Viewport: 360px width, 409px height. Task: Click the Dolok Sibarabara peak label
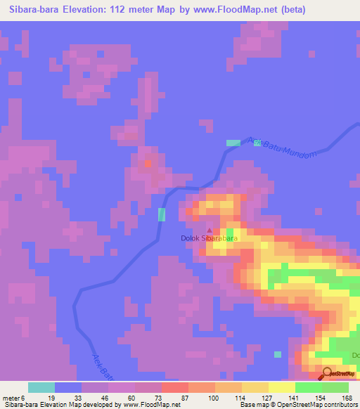(209, 238)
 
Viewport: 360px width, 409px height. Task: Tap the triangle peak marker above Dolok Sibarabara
(209, 229)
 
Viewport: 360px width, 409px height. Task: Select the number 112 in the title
(141, 10)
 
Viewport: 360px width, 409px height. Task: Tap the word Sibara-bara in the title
(34, 10)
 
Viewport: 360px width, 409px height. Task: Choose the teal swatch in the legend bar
(41, 387)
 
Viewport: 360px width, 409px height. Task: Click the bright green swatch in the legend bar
(309, 387)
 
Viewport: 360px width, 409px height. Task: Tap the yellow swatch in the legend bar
(282, 387)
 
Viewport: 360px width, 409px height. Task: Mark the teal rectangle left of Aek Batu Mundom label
(232, 143)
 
